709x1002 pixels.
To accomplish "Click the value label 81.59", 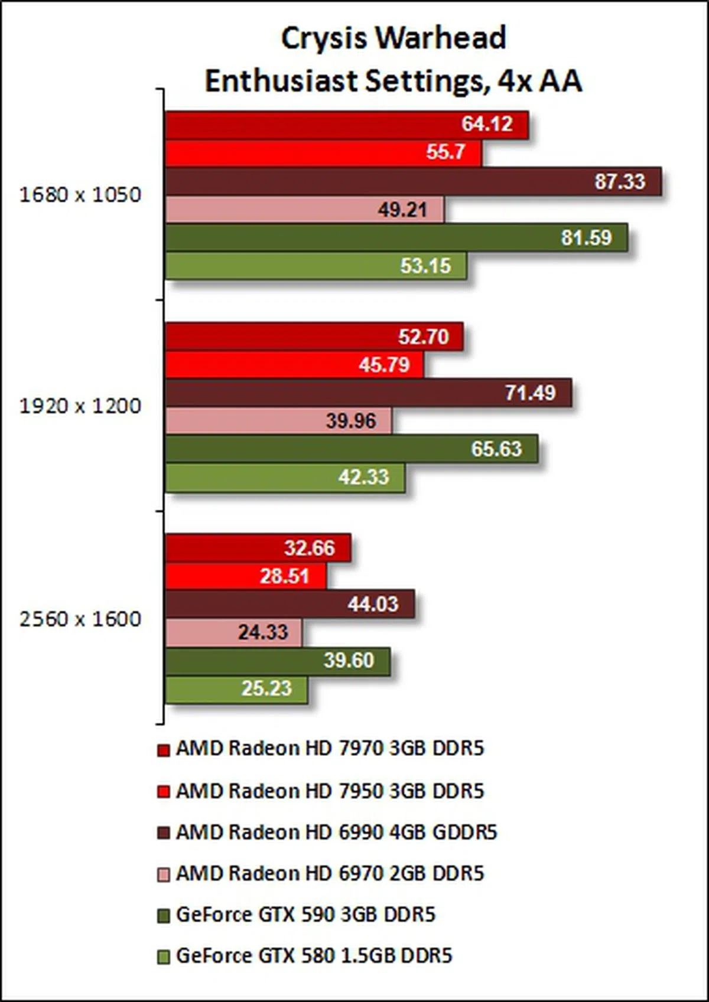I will [586, 238].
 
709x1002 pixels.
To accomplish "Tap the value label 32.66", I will [310, 548].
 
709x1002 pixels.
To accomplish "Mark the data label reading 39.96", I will [351, 421].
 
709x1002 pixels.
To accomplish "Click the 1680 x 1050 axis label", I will [80, 195].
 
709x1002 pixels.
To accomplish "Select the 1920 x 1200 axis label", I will [80, 406].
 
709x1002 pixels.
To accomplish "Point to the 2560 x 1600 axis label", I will [80, 619].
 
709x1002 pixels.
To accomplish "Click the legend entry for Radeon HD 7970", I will [330, 749].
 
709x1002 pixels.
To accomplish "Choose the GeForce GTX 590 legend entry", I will [305, 915].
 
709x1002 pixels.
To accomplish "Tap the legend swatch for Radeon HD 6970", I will [164, 874].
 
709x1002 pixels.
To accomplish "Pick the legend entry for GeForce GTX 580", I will [314, 955].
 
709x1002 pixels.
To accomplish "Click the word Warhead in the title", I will [441, 38].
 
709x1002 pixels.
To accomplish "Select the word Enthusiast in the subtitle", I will [282, 81].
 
